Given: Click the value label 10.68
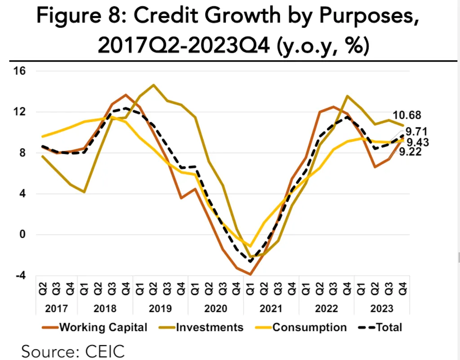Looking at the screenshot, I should click(x=407, y=115).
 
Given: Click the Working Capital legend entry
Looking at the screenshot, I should click(x=103, y=327).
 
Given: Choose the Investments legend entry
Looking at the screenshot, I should click(x=210, y=327).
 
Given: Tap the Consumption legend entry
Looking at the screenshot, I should click(x=310, y=327).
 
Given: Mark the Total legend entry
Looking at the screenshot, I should click(x=389, y=327).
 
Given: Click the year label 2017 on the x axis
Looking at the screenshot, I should click(x=56, y=309).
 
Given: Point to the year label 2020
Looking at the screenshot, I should click(x=215, y=309).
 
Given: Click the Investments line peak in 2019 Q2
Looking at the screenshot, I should click(x=154, y=85).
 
